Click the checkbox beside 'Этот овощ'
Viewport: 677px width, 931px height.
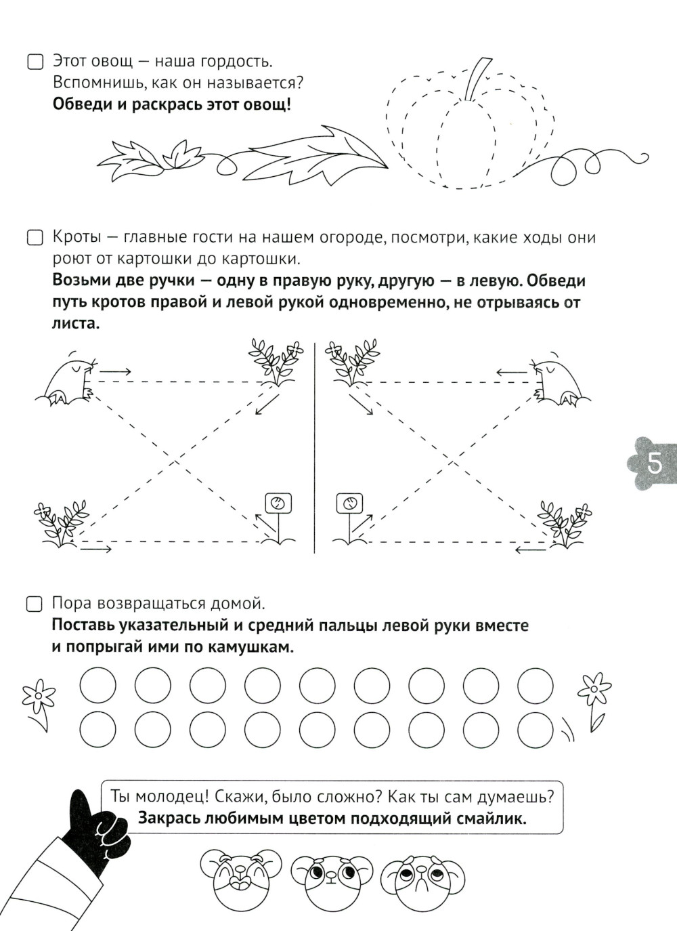click(x=35, y=62)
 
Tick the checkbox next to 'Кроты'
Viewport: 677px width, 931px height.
click(x=35, y=239)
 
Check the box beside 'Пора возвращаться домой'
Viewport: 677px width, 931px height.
click(x=35, y=604)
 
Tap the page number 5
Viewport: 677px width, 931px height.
click(x=655, y=463)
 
